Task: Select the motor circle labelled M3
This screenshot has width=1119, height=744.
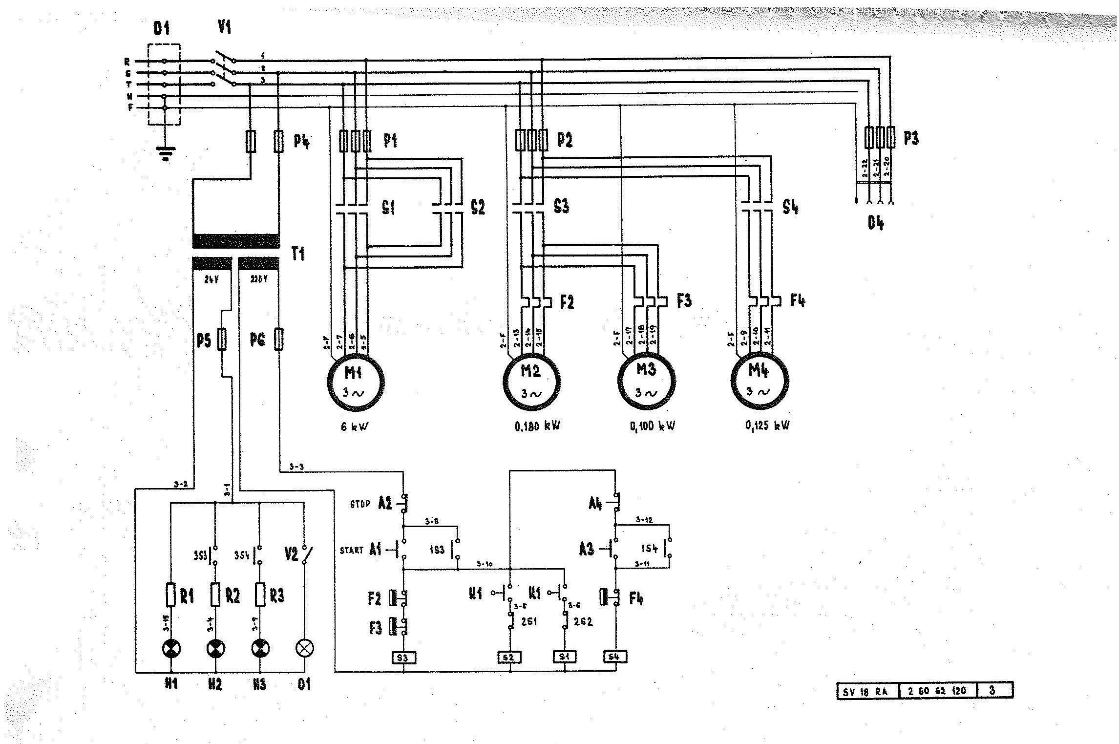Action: click(x=647, y=382)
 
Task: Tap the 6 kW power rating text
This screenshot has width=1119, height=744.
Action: click(x=355, y=426)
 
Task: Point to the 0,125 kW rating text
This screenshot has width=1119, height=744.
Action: click(x=767, y=425)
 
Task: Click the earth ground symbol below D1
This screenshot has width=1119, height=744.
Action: click(x=165, y=154)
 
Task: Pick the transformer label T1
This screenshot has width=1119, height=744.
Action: click(x=298, y=254)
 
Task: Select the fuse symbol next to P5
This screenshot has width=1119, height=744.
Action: click(x=222, y=339)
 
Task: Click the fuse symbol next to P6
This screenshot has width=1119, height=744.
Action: click(x=279, y=339)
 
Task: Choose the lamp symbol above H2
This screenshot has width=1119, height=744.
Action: click(x=215, y=649)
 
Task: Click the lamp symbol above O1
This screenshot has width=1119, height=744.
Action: click(x=305, y=649)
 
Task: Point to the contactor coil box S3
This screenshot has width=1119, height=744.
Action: click(x=403, y=658)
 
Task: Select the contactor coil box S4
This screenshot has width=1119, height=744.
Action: click(x=615, y=657)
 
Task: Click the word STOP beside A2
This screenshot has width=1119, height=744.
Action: click(x=360, y=504)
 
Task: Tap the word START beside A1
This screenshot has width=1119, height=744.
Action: click(x=352, y=551)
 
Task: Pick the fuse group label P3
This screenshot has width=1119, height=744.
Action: click(x=910, y=139)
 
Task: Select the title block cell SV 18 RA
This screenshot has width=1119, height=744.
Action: click(x=867, y=691)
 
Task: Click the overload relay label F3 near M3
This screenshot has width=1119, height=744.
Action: click(x=684, y=301)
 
